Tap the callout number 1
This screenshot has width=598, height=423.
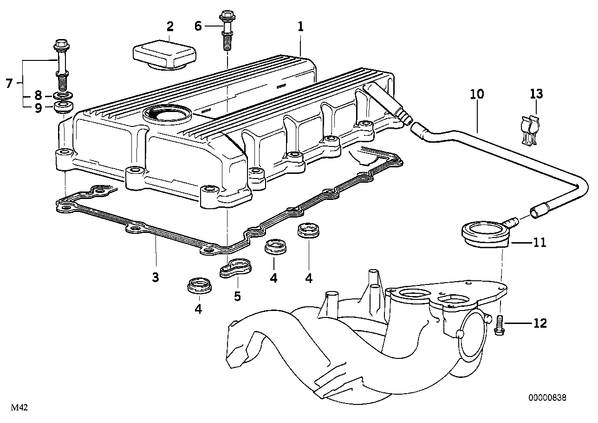(301, 26)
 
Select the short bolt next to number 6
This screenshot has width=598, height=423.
(227, 31)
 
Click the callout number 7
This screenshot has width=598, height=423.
(10, 83)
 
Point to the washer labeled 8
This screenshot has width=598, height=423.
(64, 95)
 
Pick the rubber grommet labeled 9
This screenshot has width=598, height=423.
(63, 107)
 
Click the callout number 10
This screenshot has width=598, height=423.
(477, 94)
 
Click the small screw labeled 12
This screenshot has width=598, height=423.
(500, 325)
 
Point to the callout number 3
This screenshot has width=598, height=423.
(155, 277)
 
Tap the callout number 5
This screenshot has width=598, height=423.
(237, 296)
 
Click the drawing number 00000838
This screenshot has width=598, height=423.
(547, 397)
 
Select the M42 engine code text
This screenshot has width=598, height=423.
(19, 408)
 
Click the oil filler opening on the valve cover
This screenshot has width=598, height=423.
(166, 113)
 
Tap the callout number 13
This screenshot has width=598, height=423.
(536, 94)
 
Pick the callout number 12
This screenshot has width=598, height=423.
(540, 323)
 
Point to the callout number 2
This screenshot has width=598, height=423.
(170, 26)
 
